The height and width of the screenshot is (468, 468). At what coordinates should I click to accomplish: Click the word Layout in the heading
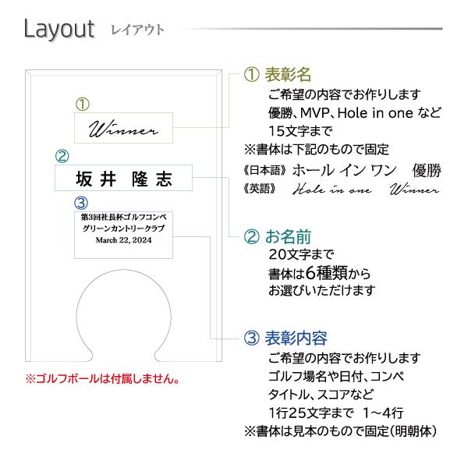tap(58, 30)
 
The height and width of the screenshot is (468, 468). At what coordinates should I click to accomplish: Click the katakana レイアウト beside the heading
tap(137, 30)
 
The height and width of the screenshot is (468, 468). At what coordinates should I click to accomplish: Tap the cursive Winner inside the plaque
tap(123, 128)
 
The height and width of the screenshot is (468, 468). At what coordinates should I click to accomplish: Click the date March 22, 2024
tap(124, 241)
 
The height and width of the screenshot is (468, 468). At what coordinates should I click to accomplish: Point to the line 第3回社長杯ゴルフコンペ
tap(124, 216)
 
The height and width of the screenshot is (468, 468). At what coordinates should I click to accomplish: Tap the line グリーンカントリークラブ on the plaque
tap(124, 229)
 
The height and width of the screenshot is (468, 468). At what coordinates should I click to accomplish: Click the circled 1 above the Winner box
tap(83, 104)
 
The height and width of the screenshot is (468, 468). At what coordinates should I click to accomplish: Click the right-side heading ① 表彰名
tap(278, 75)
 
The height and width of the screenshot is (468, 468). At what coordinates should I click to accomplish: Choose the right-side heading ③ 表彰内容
tap(285, 339)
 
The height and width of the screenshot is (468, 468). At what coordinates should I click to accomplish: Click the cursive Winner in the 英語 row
tap(414, 190)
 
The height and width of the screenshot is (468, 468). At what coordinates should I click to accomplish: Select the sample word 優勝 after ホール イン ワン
tap(427, 170)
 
